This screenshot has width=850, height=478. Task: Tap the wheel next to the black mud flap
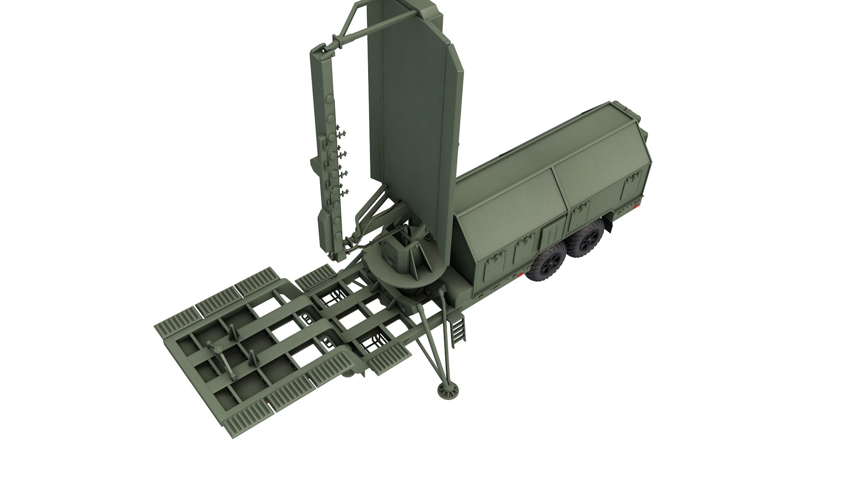587,239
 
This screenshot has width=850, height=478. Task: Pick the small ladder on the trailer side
459,328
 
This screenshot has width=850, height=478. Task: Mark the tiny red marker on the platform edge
266,401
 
